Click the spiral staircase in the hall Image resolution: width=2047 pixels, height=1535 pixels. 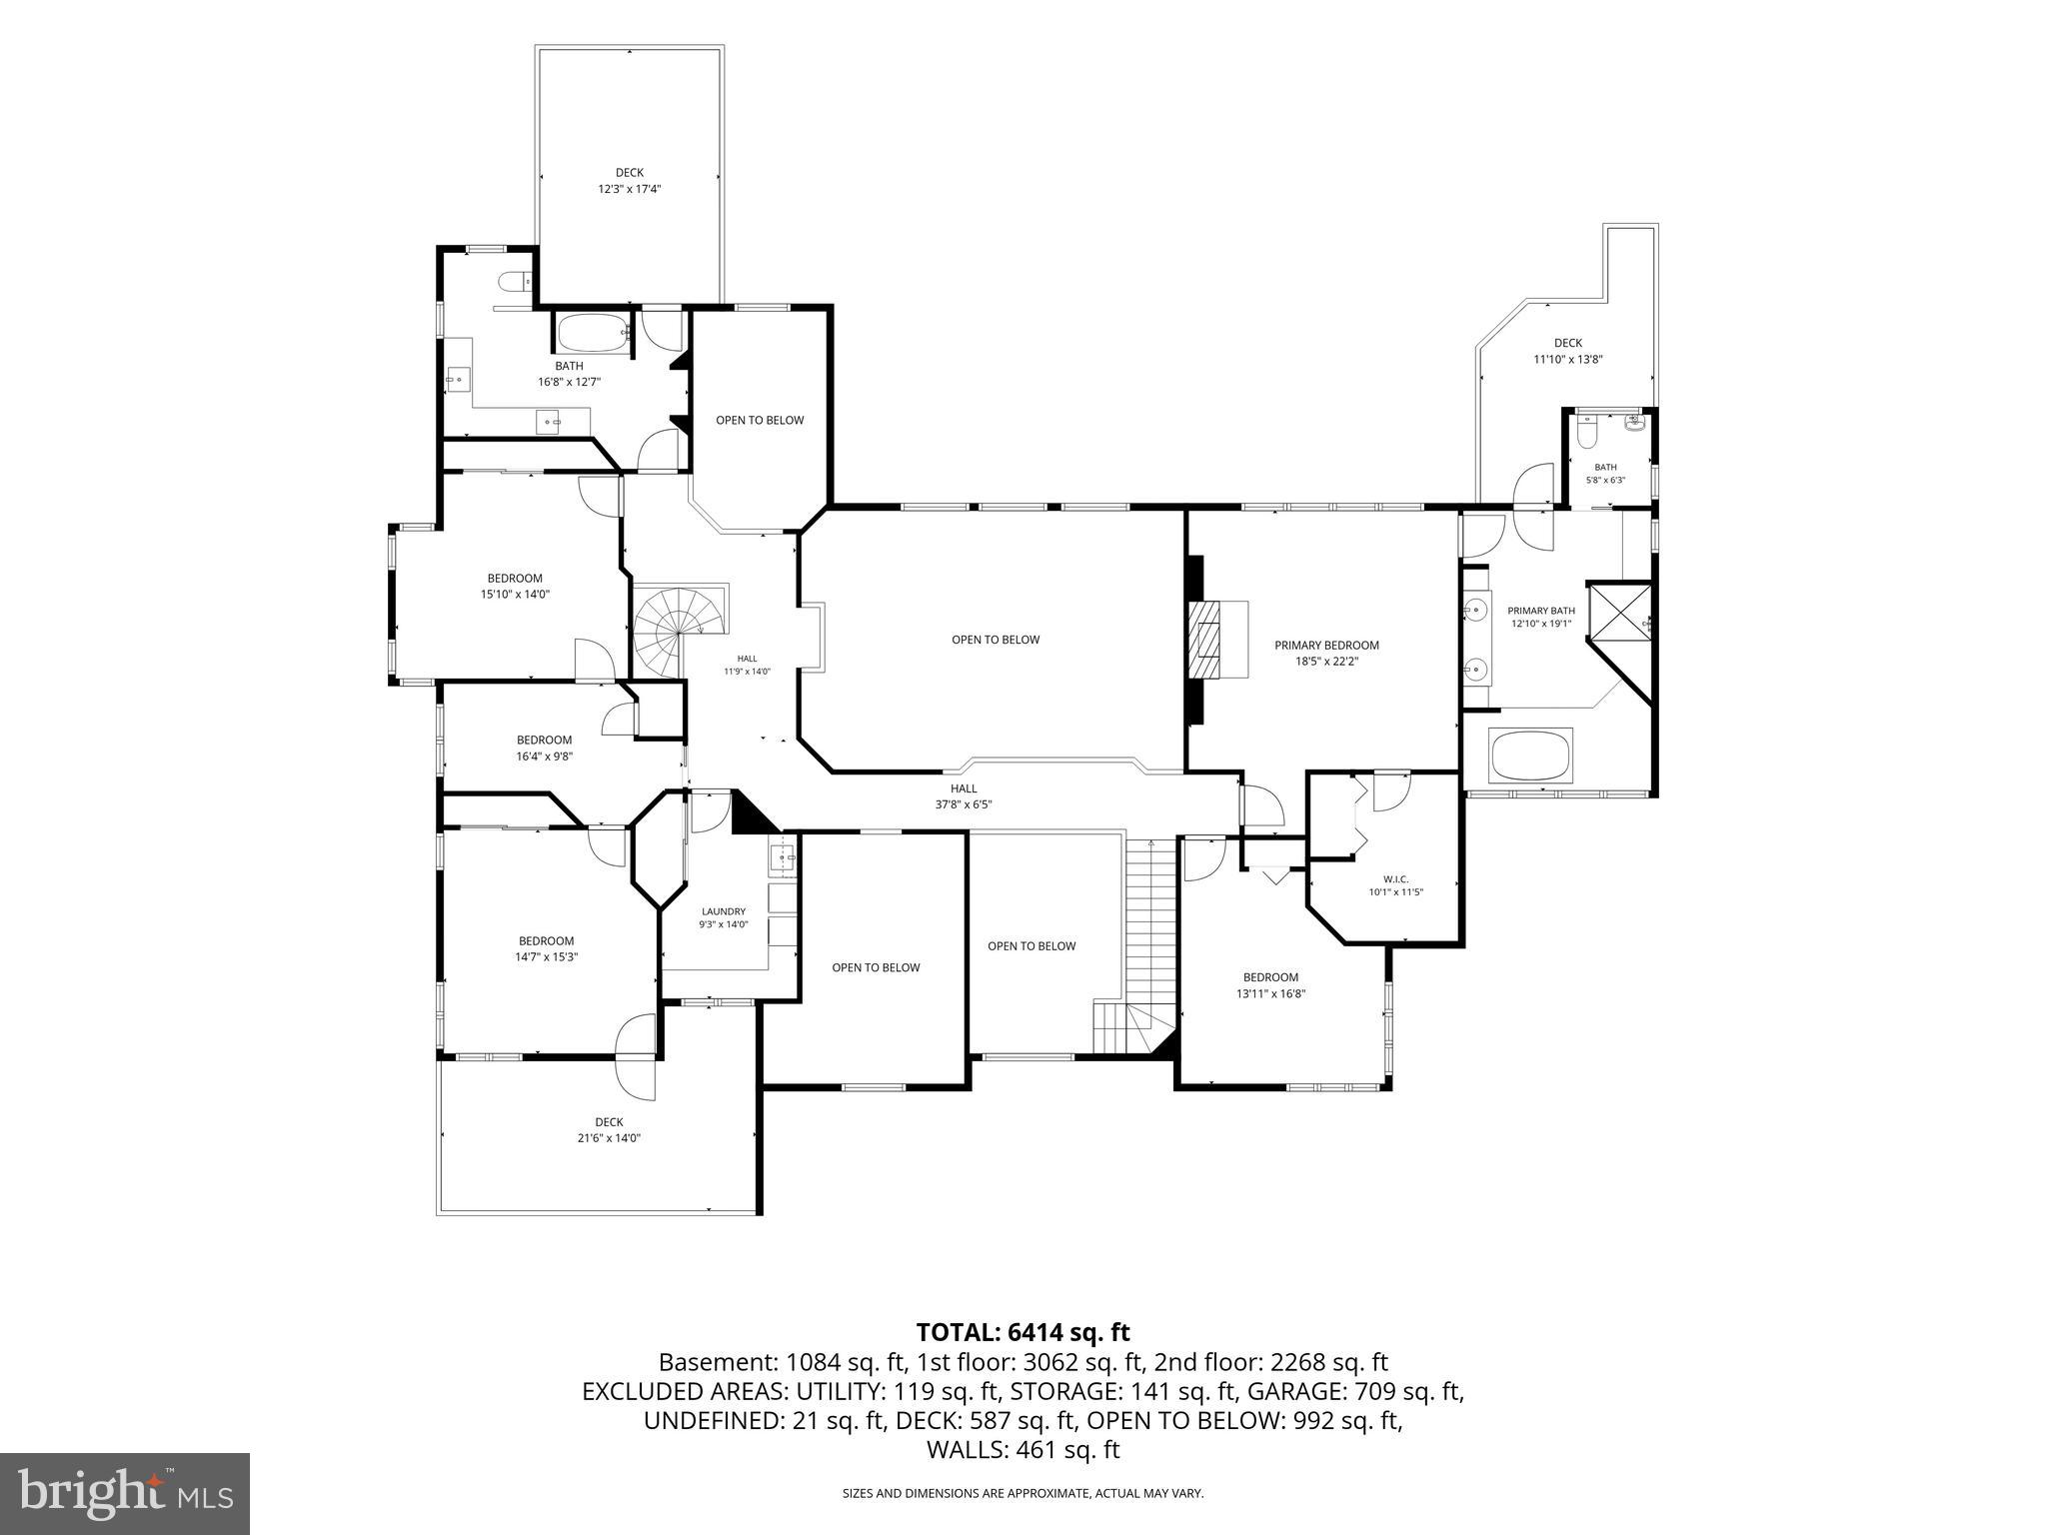pyautogui.click(x=679, y=630)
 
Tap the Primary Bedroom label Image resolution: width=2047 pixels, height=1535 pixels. pyautogui.click(x=1326, y=653)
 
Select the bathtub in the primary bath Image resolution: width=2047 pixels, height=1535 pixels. pyautogui.click(x=1531, y=756)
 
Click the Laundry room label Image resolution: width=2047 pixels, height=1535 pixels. pyautogui.click(x=724, y=917)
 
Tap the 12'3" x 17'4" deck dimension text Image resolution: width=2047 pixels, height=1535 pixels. pyautogui.click(x=630, y=188)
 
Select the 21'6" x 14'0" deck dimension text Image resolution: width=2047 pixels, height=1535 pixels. pyautogui.click(x=609, y=1137)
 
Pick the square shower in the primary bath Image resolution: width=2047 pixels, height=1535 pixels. pyautogui.click(x=1619, y=613)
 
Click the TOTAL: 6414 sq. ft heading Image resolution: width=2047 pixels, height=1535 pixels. pyautogui.click(x=1023, y=1332)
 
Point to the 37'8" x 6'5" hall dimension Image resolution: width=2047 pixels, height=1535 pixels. pyautogui.click(x=964, y=803)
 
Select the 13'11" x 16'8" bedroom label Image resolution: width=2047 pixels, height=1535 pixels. pyautogui.click(x=1270, y=985)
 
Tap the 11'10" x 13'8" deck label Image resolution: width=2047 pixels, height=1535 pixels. pyautogui.click(x=1568, y=351)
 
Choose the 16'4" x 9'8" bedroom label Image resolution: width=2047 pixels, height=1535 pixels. pyautogui.click(x=544, y=749)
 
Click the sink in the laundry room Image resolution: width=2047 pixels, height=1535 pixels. pyautogui.click(x=783, y=855)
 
